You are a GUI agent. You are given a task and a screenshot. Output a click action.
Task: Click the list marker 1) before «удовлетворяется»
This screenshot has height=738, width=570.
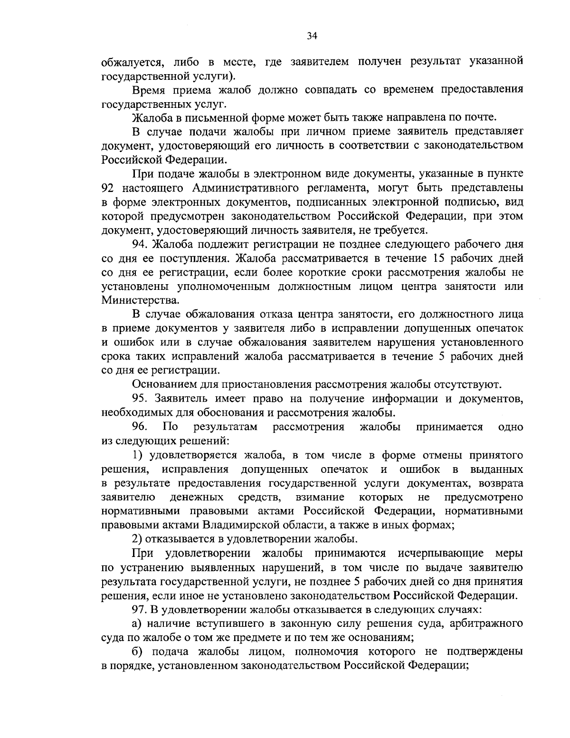(138, 455)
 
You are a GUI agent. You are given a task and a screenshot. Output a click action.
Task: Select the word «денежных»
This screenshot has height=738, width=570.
(197, 497)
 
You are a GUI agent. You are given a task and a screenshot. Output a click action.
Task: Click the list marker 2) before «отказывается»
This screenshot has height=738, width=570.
(137, 539)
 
